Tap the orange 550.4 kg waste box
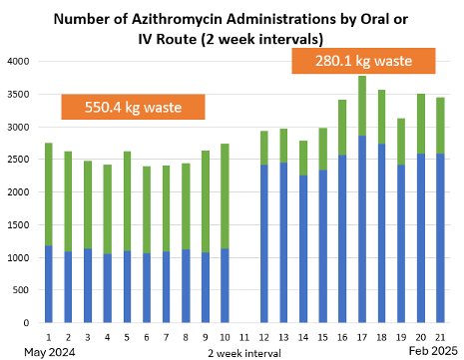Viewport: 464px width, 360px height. click(x=133, y=107)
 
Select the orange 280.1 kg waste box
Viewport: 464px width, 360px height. click(x=363, y=61)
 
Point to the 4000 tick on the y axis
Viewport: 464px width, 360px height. click(x=18, y=62)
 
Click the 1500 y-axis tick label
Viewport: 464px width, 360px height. click(x=18, y=225)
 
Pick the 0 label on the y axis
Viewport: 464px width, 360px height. click(x=26, y=323)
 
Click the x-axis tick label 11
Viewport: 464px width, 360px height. click(x=244, y=338)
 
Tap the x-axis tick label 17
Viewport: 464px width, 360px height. click(x=362, y=338)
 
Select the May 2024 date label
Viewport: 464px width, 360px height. click(x=50, y=352)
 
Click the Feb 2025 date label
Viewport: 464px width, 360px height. click(x=433, y=351)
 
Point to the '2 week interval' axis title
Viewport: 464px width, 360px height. click(x=244, y=353)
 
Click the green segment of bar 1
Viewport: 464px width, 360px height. click(x=49, y=194)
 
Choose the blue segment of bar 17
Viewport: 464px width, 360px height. click(x=362, y=229)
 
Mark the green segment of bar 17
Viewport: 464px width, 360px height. click(x=362, y=106)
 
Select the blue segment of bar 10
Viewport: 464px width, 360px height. click(x=225, y=285)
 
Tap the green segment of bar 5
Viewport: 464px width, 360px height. click(x=127, y=201)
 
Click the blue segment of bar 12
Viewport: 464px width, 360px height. click(x=264, y=243)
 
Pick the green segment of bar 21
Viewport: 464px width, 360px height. click(x=440, y=126)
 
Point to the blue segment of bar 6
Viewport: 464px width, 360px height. click(x=147, y=288)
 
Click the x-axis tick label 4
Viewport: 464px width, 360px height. click(x=107, y=338)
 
